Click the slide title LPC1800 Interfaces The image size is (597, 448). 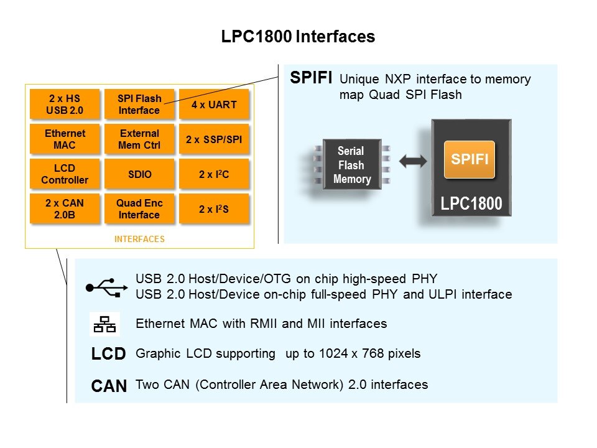298,37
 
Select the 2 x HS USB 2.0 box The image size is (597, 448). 65,105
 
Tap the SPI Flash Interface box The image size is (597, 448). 139,105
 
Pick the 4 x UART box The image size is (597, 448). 214,105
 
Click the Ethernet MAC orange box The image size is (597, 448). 65,139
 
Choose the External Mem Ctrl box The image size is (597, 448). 139,139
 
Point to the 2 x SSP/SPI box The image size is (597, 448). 214,139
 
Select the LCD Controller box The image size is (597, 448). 65,174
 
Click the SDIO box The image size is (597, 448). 139,174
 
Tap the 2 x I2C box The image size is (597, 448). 214,174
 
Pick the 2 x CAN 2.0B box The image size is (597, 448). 65,209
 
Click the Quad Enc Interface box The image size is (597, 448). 139,209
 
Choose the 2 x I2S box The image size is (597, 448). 214,209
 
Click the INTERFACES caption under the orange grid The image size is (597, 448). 139,238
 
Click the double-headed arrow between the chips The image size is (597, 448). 413,161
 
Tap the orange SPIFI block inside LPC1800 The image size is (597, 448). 470,159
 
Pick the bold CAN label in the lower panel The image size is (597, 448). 109,386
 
